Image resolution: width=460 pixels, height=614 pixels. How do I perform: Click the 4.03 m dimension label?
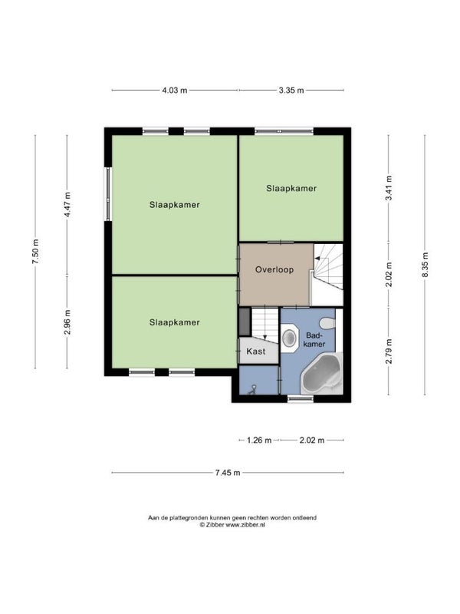point(175,91)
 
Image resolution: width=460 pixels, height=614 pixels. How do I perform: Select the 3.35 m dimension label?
point(291,91)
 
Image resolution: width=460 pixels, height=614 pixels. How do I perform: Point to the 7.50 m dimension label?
point(35,251)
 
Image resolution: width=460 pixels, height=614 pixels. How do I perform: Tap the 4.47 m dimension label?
point(67,205)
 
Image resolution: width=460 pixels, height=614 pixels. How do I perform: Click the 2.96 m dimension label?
point(67,322)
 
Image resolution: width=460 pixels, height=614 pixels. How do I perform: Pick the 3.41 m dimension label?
point(389,188)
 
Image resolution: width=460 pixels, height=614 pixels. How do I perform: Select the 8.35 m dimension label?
point(426,265)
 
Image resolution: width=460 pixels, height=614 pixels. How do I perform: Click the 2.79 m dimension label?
point(389,352)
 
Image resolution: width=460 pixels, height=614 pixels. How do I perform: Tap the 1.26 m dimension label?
point(259,440)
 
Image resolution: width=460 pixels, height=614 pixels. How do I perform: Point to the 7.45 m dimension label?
point(228,473)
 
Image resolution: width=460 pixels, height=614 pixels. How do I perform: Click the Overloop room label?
point(274,269)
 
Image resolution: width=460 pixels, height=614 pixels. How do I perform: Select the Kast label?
point(256,352)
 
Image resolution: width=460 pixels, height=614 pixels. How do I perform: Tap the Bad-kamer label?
point(314,339)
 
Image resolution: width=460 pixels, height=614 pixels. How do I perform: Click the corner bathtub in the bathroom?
point(321,375)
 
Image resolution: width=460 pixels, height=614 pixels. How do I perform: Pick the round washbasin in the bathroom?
point(290,338)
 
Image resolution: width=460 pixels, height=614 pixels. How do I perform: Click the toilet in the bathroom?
point(327,323)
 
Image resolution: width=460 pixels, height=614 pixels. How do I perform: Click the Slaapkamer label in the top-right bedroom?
point(291,188)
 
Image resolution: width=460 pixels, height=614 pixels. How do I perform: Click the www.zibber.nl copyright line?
point(232,525)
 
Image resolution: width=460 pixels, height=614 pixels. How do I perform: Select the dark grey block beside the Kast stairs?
point(245,322)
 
